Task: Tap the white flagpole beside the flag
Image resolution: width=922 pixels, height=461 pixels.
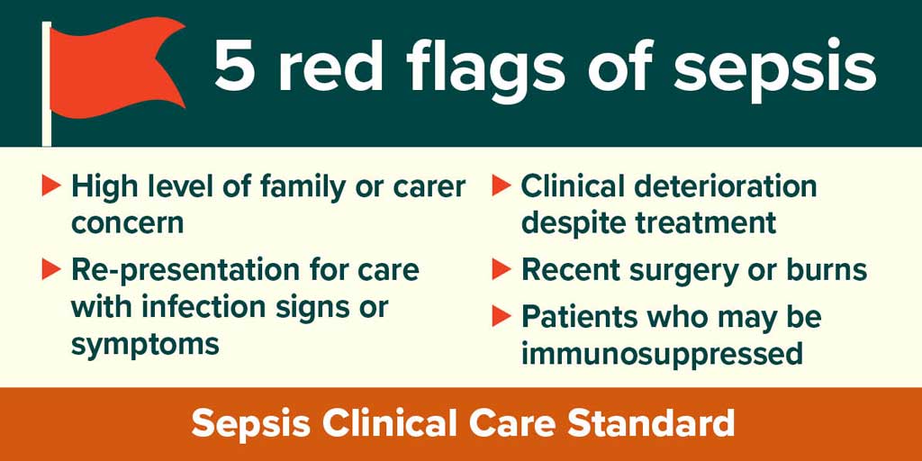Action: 47,84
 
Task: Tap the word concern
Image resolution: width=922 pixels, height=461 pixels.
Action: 127,224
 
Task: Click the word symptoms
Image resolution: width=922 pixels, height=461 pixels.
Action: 145,345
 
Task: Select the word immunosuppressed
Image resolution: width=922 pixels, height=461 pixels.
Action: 662,354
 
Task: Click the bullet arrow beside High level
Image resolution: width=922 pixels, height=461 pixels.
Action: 51,185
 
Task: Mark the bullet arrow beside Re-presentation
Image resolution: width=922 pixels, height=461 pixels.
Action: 51,269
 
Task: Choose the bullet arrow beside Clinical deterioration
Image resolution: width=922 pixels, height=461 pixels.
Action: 502,185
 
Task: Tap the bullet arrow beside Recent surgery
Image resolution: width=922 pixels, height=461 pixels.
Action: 502,269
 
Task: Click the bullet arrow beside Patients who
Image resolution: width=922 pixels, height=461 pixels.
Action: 502,316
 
